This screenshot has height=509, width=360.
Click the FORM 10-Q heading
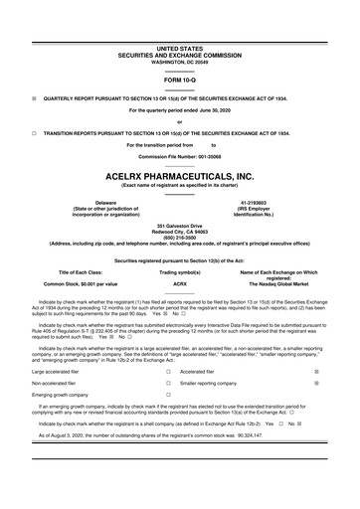(179, 79)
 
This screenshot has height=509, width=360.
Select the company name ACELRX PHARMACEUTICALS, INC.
(179, 175)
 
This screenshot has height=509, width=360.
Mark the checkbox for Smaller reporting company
(343, 382)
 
